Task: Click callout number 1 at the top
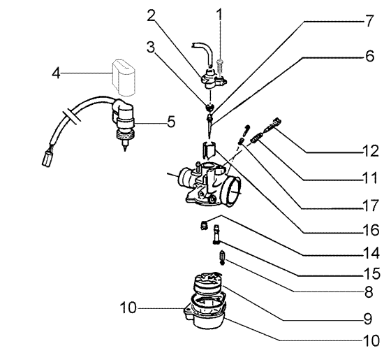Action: [219, 15]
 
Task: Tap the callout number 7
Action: [369, 21]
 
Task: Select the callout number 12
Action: [371, 151]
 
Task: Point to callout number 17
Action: [371, 206]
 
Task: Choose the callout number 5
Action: [171, 122]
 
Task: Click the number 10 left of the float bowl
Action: [128, 308]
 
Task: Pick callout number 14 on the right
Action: [371, 252]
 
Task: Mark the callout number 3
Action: [151, 47]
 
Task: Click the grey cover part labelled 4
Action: [123, 78]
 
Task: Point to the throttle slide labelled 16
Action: [209, 150]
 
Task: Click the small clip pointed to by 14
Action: [204, 226]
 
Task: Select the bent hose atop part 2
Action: [203, 53]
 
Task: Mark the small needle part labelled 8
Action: [222, 257]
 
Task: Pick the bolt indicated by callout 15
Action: [216, 234]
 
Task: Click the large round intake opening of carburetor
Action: [233, 190]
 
